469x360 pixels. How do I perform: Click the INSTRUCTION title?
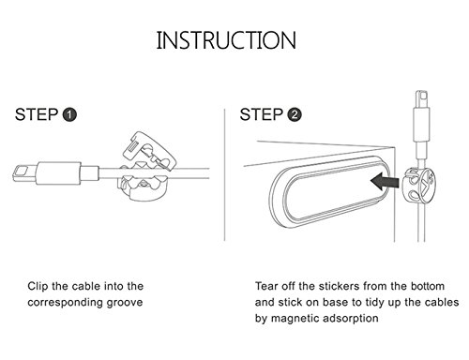pos(226,40)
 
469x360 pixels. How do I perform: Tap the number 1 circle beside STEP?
pos(69,114)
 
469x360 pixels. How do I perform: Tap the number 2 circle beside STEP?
pos(295,114)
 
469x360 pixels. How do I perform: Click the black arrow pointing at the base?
pos(385,182)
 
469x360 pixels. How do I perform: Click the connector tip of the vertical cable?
pos(421,99)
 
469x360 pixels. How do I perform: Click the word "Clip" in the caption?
pos(38,286)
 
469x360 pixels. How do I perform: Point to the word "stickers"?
pos(339,286)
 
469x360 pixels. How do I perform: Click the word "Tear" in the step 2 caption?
pos(265,286)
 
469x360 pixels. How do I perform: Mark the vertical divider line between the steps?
pos(224,175)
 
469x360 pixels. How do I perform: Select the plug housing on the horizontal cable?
pos(58,173)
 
